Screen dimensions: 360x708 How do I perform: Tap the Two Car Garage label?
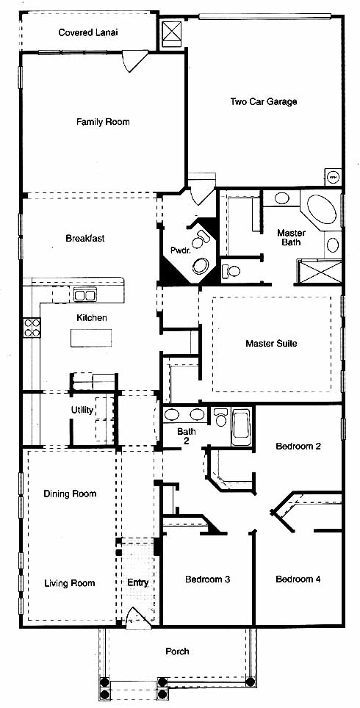[264, 101]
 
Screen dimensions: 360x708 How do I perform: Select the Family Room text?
[103, 122]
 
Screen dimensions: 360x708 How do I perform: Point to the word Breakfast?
[85, 239]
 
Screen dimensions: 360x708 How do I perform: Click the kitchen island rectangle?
[91, 338]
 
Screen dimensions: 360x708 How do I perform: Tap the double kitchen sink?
[85, 296]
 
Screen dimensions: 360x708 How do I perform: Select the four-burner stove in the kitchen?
[32, 328]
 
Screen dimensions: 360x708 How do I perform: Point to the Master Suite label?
[271, 344]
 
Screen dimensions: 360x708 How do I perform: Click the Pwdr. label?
[179, 250]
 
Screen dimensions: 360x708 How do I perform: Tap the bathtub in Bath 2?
[241, 427]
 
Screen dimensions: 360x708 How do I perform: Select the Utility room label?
[82, 411]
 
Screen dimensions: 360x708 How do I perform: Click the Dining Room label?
[70, 494]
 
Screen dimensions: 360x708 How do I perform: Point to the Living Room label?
[70, 583]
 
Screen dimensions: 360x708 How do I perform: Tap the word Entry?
[138, 583]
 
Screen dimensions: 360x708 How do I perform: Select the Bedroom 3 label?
[208, 579]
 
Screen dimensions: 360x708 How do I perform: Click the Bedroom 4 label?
[298, 579]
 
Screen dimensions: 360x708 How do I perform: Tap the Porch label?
[177, 651]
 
